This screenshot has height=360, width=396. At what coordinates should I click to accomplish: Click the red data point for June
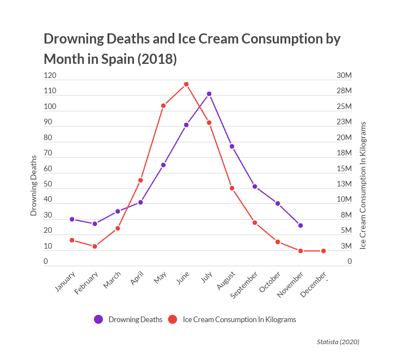(186, 84)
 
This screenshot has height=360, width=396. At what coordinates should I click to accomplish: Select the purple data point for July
(209, 94)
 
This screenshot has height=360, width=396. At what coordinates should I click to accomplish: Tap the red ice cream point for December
(324, 251)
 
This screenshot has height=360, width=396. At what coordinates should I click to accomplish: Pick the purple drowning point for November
(300, 225)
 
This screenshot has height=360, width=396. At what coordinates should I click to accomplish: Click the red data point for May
(163, 106)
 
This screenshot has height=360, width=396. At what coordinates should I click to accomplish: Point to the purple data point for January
(72, 219)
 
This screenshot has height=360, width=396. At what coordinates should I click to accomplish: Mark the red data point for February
(95, 246)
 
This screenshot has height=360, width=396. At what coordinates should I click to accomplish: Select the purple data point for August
(232, 146)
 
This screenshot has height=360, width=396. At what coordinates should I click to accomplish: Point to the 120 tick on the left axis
(50, 76)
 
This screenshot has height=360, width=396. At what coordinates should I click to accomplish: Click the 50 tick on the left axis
(48, 184)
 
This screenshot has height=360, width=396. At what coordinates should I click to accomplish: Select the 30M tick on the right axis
(344, 76)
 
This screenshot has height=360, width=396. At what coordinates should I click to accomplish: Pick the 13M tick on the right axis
(344, 184)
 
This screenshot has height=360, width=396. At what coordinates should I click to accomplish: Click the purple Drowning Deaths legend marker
(98, 319)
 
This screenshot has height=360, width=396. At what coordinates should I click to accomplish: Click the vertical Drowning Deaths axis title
(33, 185)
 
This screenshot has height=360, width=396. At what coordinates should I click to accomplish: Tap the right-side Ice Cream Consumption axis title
(363, 185)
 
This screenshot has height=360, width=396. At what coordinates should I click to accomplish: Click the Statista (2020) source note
(338, 341)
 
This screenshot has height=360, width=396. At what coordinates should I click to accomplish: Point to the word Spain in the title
(116, 59)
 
